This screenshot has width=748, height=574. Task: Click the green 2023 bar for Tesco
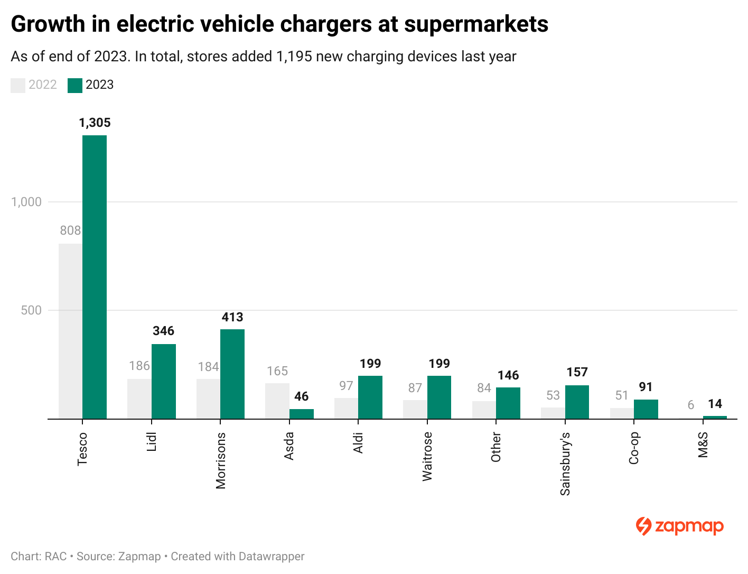[95, 277]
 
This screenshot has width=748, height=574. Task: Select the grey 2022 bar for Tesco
[70, 331]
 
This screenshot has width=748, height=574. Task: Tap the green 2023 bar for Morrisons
[232, 374]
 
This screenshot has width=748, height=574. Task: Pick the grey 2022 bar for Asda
[277, 401]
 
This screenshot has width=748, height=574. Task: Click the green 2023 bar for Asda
[302, 414]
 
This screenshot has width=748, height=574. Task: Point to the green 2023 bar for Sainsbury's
[577, 402]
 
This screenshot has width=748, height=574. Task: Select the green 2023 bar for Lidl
[163, 381]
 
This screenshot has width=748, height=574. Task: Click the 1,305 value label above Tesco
[95, 123]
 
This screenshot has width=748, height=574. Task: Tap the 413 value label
[232, 317]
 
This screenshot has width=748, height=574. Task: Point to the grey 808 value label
[70, 230]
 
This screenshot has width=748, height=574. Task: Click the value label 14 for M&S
[715, 404]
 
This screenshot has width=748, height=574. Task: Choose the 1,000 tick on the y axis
[26, 202]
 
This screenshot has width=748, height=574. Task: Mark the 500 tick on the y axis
[31, 310]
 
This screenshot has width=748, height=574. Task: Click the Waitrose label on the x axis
[427, 456]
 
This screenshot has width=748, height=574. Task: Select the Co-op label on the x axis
[634, 448]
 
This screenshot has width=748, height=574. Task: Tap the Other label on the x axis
[496, 447]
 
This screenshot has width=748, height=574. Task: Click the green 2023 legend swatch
[75, 85]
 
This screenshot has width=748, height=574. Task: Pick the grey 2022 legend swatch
[18, 85]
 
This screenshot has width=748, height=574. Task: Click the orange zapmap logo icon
[643, 526]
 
